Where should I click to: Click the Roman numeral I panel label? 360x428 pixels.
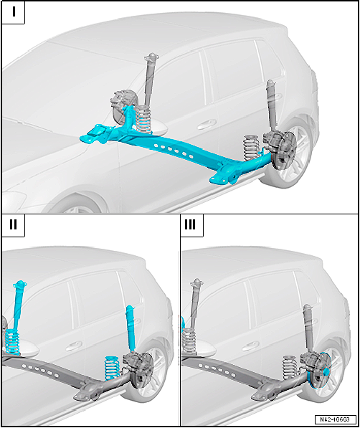14,12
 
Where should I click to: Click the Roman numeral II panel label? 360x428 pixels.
13,224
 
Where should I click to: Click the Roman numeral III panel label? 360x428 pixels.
190,224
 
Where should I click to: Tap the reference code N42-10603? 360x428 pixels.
336,419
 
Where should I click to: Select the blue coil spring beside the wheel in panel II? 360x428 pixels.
113,368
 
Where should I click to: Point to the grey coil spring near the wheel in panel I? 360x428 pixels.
251,148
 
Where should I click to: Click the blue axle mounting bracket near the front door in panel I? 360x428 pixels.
95,134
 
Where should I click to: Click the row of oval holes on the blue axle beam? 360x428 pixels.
173,151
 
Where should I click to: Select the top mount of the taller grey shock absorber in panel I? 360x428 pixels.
151,57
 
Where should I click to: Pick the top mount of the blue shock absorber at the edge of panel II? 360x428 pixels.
20,284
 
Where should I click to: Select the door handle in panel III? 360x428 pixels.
250,346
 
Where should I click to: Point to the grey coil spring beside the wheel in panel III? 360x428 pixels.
290,368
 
